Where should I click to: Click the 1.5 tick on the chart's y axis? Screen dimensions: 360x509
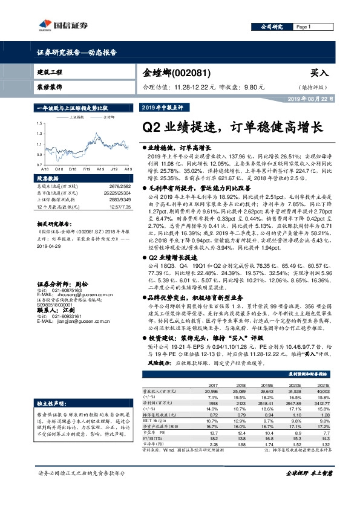[40, 124]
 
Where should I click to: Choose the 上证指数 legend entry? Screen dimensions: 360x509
[76, 117]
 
